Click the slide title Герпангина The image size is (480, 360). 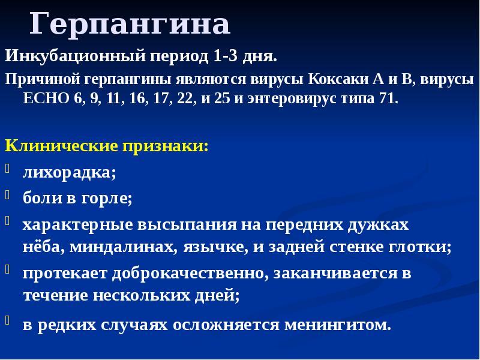coord(130,25)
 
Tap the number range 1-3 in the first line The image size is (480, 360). coord(224,57)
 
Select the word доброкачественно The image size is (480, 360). coord(175,274)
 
